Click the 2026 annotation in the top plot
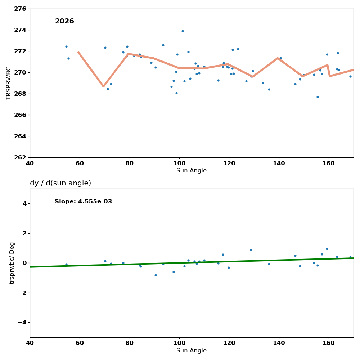(64, 22)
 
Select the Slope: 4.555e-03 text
(83, 202)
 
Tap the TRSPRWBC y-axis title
(9, 83)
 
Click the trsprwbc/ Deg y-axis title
(13, 263)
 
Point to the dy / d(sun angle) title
(60, 183)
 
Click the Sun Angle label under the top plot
(192, 171)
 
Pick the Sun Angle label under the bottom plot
(192, 351)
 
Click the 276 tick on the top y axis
(20, 9)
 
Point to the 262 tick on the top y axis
(20, 157)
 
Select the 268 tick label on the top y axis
(20, 94)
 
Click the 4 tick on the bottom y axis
(24, 203)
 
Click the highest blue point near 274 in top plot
(183, 31)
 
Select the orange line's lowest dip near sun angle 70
(103, 86)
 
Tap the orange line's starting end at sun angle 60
(78, 52)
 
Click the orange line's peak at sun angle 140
(278, 58)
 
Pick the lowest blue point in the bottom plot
(156, 275)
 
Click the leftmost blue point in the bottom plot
(66, 264)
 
